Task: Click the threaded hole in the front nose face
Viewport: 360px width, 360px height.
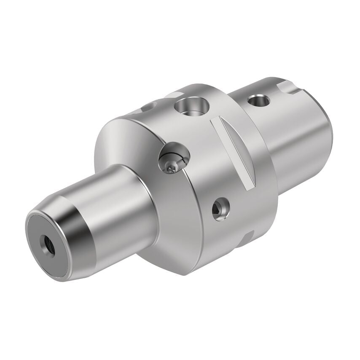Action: click(x=46, y=244)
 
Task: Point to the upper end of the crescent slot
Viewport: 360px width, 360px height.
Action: click(x=215, y=122)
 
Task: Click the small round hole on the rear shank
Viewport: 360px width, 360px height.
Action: click(x=258, y=100)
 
